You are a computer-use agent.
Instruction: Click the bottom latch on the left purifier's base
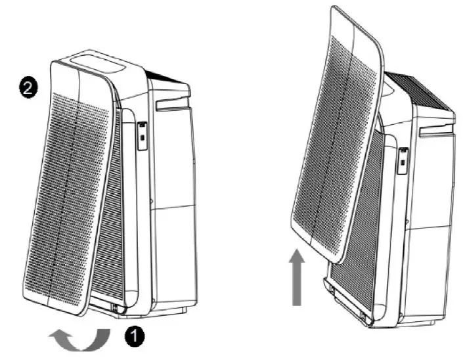115,305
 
